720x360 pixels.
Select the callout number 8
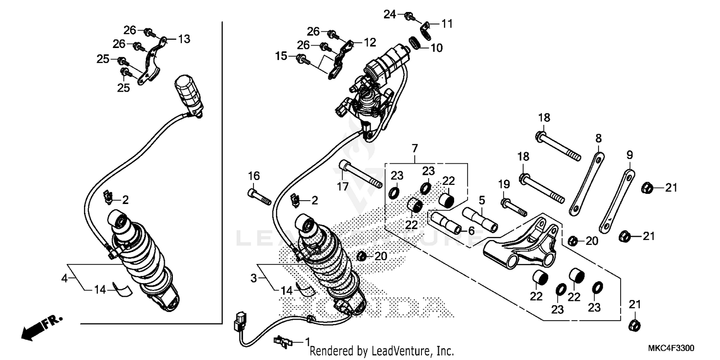[598, 139]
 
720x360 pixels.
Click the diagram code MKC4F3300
[671, 348]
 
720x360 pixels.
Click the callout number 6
[471, 231]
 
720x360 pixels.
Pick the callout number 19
[503, 184]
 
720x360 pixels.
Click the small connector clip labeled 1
[283, 341]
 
